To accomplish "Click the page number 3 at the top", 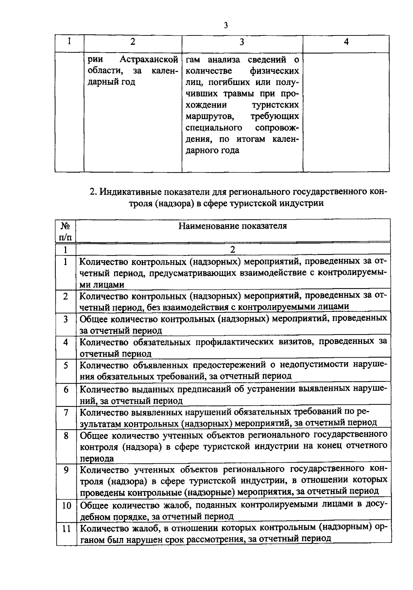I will pyautogui.click(x=226, y=25).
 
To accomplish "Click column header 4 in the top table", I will pyautogui.click(x=346, y=42).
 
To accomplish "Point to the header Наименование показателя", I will pyautogui.click(x=233, y=226).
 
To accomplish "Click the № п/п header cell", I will pyautogui.click(x=66, y=231).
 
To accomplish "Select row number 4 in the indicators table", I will pyautogui.click(x=66, y=342).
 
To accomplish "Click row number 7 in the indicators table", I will pyautogui.click(x=66, y=412).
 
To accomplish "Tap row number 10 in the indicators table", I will pyautogui.click(x=66, y=506).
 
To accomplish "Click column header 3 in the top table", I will pyautogui.click(x=242, y=42).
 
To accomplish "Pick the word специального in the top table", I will pyautogui.click(x=214, y=128).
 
